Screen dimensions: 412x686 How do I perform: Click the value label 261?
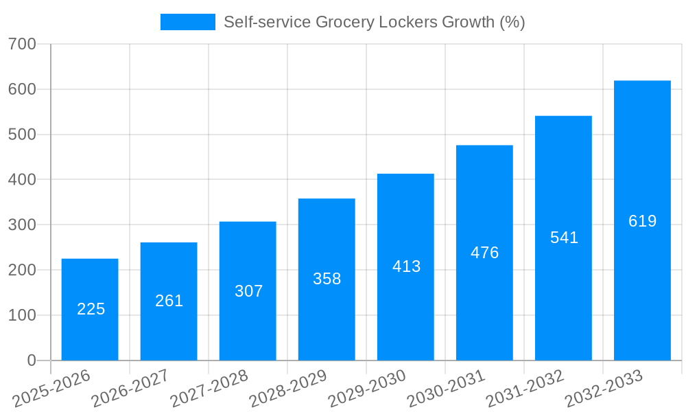tap(169, 301)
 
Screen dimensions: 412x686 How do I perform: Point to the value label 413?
tap(406, 266)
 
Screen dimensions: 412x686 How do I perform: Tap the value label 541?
tap(564, 238)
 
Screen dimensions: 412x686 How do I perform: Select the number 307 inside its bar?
tap(248, 291)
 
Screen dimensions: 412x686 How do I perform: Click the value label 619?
tap(642, 221)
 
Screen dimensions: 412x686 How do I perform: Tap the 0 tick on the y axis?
tap(32, 360)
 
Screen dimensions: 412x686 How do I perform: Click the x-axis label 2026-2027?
tap(130, 389)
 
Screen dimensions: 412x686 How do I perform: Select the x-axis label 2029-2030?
tap(367, 389)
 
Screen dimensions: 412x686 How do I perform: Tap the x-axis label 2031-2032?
tap(525, 389)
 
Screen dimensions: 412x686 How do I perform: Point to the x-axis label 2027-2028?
tap(209, 389)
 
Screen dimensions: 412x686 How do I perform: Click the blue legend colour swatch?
tap(187, 22)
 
